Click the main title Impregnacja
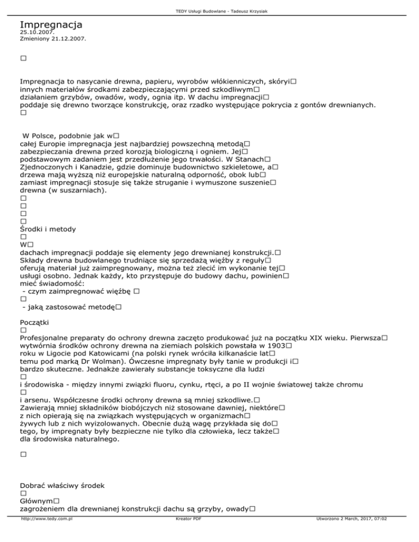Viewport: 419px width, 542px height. tap(51, 25)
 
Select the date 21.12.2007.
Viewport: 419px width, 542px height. tap(71, 39)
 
